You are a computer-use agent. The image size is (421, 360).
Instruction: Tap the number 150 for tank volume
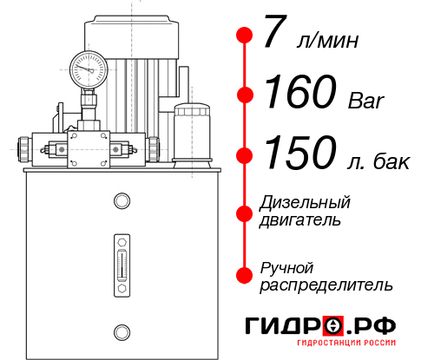click(x=298, y=154)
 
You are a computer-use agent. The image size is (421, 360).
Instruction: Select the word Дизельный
click(x=305, y=202)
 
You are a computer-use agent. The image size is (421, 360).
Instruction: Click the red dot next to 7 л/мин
click(x=245, y=36)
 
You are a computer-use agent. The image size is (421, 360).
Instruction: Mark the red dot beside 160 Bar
click(x=245, y=95)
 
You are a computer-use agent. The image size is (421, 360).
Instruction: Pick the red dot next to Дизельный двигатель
click(x=245, y=211)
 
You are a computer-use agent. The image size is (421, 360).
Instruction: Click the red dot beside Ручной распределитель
click(x=245, y=275)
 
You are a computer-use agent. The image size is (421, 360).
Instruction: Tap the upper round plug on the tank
click(x=122, y=202)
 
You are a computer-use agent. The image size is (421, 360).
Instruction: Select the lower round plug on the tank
click(x=122, y=330)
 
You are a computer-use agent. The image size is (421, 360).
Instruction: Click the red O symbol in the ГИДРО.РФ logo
click(x=333, y=326)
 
